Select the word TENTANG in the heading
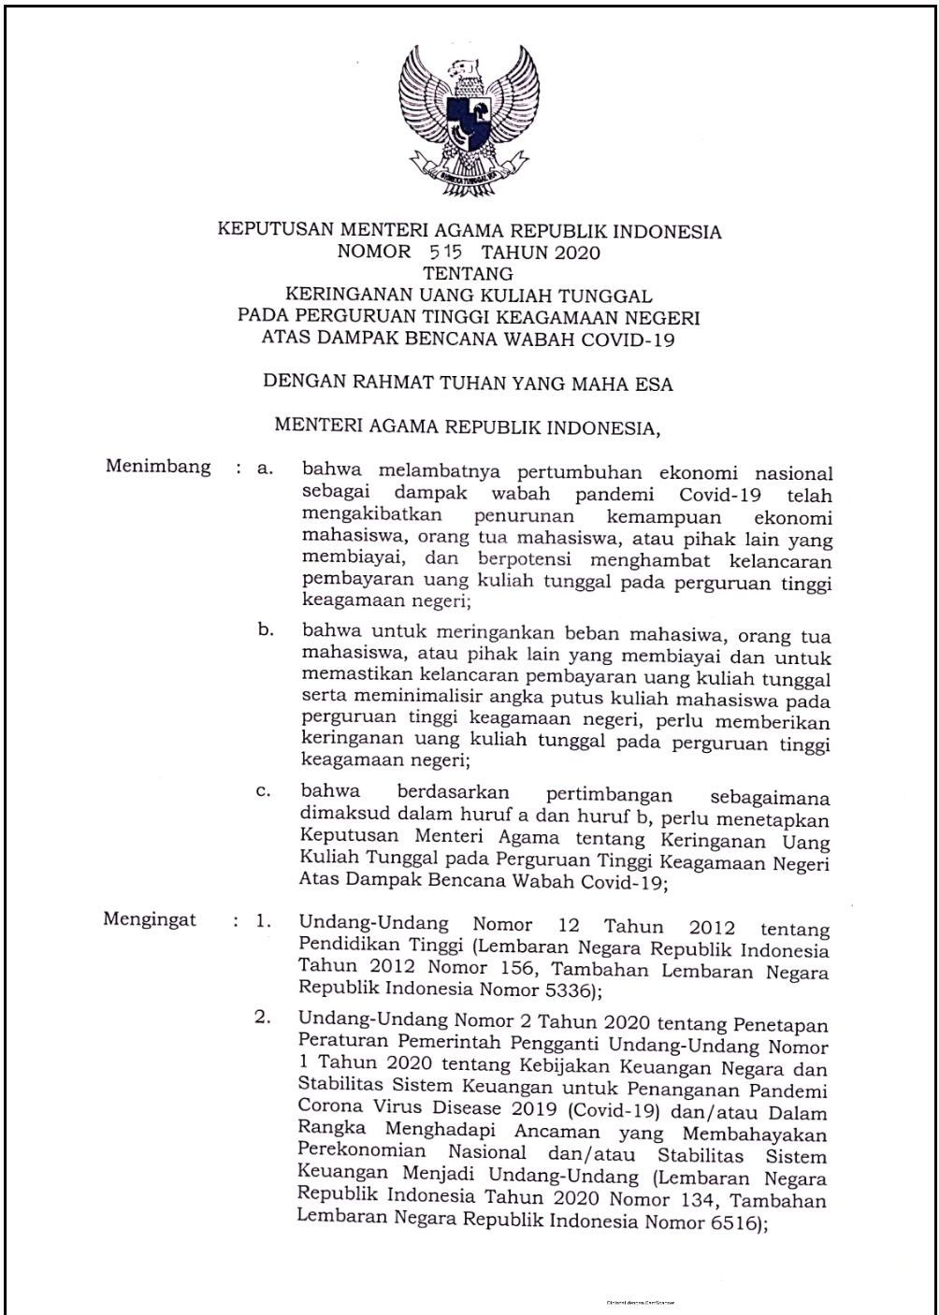click(x=469, y=274)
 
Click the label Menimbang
click(x=158, y=467)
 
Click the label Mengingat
click(x=150, y=919)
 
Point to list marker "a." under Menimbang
click(x=265, y=469)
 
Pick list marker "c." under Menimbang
click(x=264, y=791)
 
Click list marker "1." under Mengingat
click(x=264, y=921)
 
